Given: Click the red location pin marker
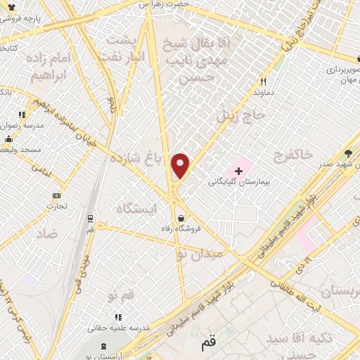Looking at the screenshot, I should (x=181, y=166).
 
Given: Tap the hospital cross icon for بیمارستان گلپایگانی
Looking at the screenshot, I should (x=238, y=170).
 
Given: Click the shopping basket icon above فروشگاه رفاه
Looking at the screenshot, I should (x=182, y=217).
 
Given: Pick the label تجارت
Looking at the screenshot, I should (x=56, y=206).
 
